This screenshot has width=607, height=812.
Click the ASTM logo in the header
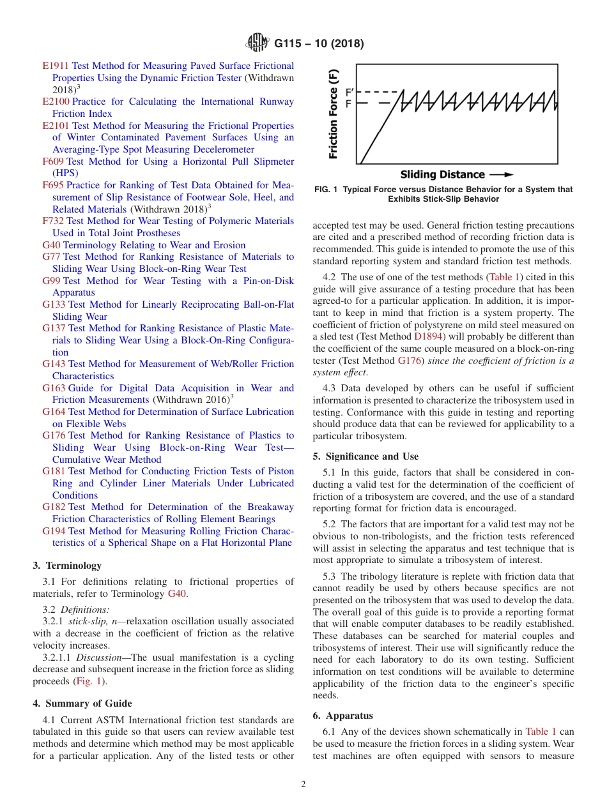(257, 43)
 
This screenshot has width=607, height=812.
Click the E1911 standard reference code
(56, 66)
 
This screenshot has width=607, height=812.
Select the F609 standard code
(53, 162)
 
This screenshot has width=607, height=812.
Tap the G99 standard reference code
(52, 281)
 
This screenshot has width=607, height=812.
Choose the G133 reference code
(54, 304)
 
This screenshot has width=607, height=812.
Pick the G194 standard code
(54, 531)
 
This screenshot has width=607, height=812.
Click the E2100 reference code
(56, 101)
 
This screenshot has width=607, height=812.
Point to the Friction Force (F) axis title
(333, 114)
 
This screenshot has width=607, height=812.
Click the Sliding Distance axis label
(442, 174)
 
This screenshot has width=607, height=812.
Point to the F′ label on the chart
(348, 93)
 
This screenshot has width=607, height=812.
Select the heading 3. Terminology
(66, 566)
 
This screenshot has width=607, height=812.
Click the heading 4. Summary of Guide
(82, 703)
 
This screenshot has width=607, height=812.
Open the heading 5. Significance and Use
(365, 456)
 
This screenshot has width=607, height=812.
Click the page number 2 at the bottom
(303, 785)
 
